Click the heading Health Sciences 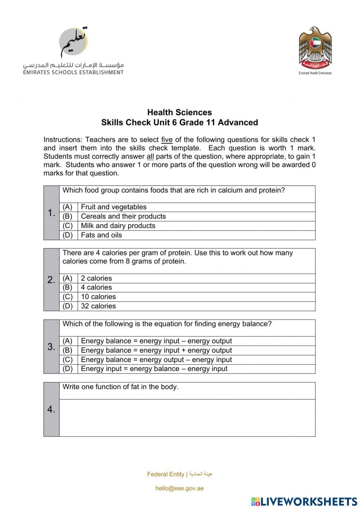[179, 112]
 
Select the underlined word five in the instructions [167, 140]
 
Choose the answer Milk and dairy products [118, 226]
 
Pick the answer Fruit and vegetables [114, 207]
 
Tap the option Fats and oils [102, 235]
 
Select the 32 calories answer [98, 306]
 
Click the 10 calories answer [98, 297]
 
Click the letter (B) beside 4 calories [68, 287]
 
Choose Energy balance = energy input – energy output [156, 341]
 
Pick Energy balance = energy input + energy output [156, 351]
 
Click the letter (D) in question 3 [68, 369]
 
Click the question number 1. [51, 213]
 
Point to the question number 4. [51, 410]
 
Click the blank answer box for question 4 [187, 418]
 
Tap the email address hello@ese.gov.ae [180, 488]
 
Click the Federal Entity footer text [166, 474]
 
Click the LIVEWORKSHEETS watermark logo [304, 501]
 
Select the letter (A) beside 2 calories [68, 278]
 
